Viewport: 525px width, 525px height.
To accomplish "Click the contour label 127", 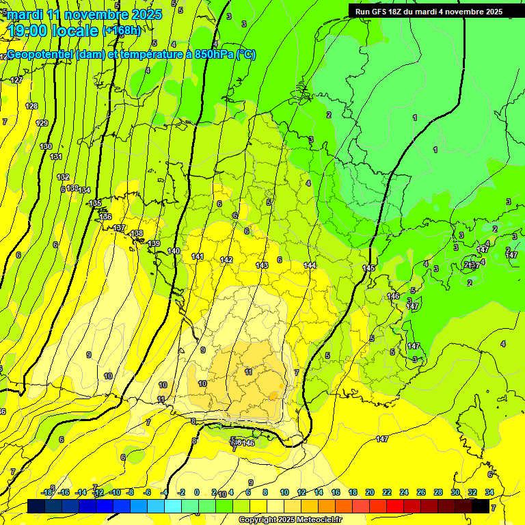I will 16,80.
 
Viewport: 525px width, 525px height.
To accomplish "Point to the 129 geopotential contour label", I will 42,123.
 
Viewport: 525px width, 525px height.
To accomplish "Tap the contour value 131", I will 56,157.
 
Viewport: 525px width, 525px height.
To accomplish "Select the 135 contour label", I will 95,203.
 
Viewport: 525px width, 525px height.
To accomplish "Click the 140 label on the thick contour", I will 174,251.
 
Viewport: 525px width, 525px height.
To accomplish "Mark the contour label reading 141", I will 198,256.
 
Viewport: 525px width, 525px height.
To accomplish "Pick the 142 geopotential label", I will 226,260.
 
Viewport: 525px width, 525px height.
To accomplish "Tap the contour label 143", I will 262,265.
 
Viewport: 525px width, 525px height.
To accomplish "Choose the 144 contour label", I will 310,265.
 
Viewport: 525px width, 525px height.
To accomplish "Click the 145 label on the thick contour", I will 368,268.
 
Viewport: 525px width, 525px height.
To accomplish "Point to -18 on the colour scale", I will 47,492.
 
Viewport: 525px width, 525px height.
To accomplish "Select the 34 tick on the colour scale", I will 489,492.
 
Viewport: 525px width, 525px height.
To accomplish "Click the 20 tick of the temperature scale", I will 370,492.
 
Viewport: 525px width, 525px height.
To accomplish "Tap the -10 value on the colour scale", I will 115,492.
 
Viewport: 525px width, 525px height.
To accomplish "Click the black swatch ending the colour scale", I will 481,506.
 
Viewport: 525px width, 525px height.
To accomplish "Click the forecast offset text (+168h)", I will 121,30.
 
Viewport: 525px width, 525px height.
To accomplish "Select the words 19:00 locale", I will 53,30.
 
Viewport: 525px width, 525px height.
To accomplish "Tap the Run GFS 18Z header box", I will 429,12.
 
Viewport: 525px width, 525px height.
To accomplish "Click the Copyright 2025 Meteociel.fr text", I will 289,520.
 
